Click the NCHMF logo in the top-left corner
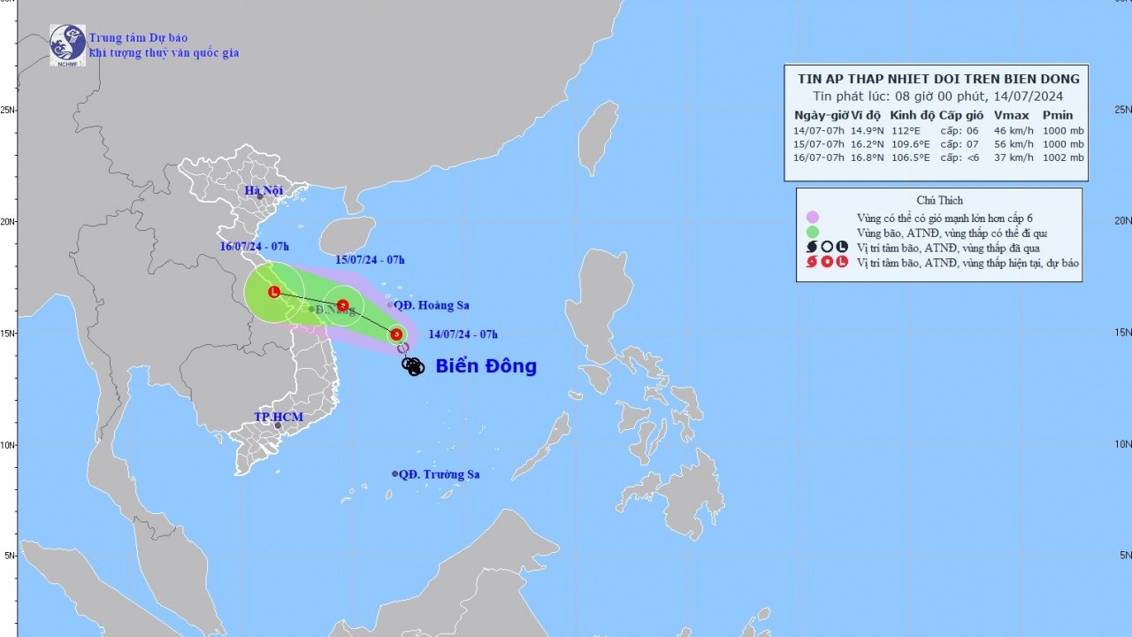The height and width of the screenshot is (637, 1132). [67, 44]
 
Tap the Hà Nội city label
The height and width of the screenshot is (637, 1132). [264, 191]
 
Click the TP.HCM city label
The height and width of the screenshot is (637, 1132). [279, 417]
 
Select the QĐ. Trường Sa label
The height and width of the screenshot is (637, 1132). [439, 474]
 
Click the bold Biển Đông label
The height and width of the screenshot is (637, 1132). [486, 366]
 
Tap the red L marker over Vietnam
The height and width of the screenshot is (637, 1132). [274, 292]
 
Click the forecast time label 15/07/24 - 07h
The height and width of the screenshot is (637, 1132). [370, 259]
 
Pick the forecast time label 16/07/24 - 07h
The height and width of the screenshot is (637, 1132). [255, 246]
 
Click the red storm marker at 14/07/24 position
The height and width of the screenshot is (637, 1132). [396, 334]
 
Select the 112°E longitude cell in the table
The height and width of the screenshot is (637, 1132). [905, 131]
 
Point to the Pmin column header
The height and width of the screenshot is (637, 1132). [1058, 115]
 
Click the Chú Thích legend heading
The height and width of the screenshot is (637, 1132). [939, 200]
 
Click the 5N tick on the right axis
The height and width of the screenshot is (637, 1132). [1123, 555]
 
